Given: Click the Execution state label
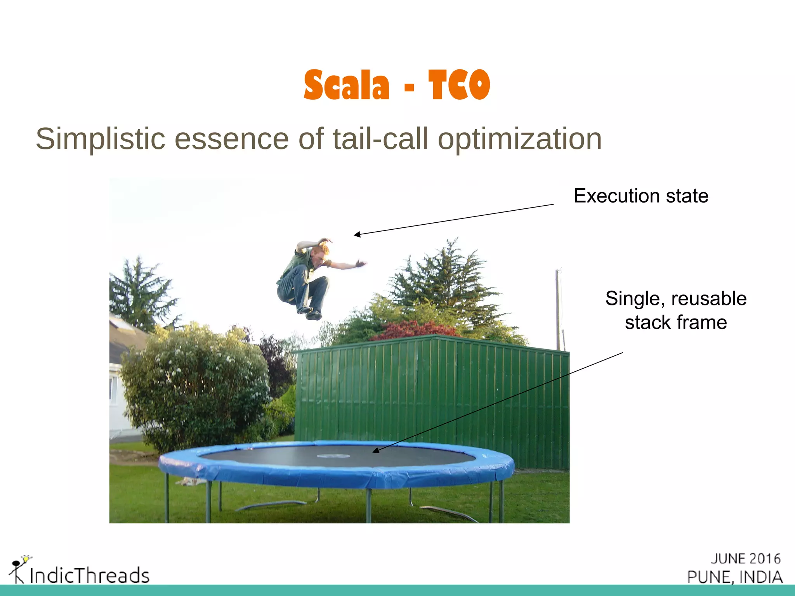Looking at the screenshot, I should (x=641, y=196).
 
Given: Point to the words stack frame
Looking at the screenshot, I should (x=675, y=322).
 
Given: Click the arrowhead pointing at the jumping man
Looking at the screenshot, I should (x=356, y=234).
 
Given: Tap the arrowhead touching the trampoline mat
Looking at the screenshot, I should (x=375, y=450).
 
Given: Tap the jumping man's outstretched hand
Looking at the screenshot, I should (x=361, y=264).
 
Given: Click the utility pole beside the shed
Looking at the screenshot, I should (x=559, y=310).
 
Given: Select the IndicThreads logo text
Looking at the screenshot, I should (x=89, y=575).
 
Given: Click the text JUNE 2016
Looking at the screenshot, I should (x=745, y=559).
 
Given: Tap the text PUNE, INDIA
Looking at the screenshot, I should (x=734, y=577).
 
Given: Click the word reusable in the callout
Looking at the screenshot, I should (x=708, y=299).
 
